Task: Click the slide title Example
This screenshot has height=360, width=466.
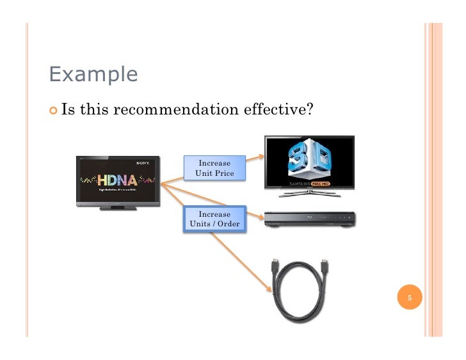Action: point(93,75)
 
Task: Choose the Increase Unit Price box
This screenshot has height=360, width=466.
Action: point(214,168)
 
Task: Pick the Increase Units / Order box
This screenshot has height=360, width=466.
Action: point(214,219)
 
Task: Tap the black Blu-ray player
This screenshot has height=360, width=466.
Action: point(309,220)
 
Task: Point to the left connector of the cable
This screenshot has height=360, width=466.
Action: point(274,267)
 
